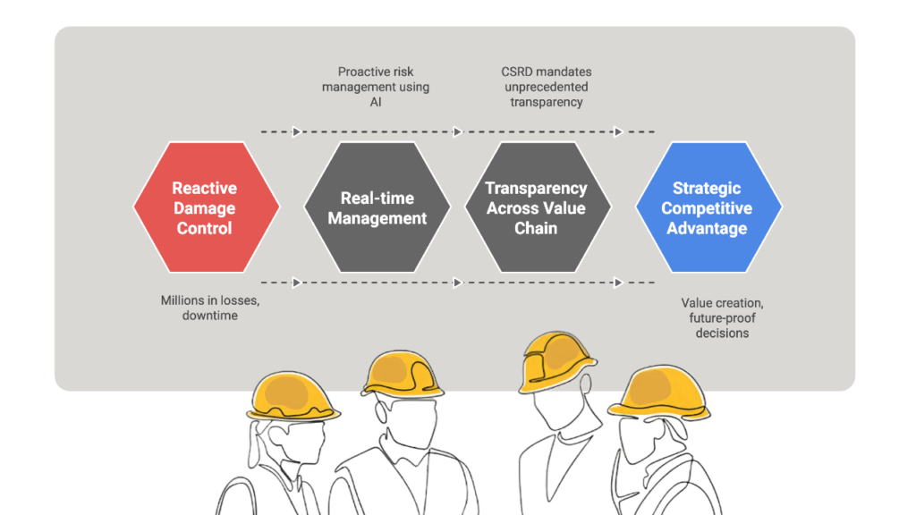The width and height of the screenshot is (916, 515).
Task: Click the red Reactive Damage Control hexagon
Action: coord(206,207)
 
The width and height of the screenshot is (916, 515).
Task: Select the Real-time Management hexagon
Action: coord(377,207)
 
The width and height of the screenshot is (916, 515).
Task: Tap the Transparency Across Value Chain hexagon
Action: coord(537,207)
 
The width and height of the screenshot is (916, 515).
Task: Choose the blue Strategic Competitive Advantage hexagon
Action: coord(708,207)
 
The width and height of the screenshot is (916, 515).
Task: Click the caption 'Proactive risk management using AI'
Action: coord(377,87)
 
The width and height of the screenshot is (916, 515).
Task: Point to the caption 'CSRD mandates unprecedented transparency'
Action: coord(547,87)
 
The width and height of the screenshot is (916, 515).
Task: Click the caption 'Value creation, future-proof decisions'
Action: coord(722,318)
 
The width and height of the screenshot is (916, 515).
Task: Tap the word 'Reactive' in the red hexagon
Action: coord(205,189)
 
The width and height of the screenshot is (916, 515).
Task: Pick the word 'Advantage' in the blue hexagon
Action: coord(708,228)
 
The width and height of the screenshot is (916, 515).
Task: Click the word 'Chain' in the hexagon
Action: coord(536,228)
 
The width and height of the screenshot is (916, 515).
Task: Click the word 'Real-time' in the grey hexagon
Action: coord(377,198)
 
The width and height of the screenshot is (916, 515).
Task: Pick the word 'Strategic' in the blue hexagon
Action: coord(707,189)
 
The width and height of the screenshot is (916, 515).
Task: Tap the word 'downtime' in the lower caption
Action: coord(210,316)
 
